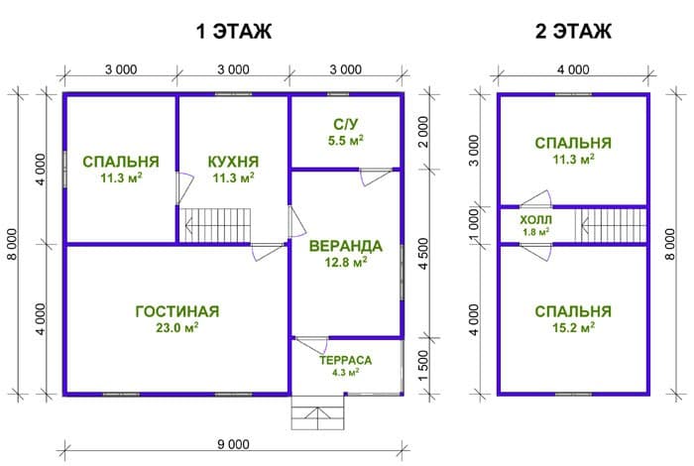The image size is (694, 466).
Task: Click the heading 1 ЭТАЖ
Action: (233, 31)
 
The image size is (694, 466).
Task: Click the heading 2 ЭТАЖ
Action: (573, 31)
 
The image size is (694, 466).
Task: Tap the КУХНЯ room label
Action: (233, 162)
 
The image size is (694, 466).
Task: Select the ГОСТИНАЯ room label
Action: (177, 311)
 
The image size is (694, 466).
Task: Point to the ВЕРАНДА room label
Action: (346, 246)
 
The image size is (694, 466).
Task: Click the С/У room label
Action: (346, 124)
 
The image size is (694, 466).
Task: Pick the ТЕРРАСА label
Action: (346, 360)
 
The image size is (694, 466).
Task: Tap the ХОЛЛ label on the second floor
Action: (535, 220)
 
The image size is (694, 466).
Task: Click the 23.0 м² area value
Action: (177, 328)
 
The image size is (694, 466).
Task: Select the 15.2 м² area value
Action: (573, 328)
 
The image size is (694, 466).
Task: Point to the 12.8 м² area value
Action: (346, 263)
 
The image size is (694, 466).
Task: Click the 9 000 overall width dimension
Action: (233, 444)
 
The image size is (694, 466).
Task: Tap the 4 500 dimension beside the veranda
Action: (423, 254)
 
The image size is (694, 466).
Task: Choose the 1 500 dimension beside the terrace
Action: (423, 366)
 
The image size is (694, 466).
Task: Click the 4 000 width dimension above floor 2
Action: (573, 69)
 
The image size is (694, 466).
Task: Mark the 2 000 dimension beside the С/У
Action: (423, 132)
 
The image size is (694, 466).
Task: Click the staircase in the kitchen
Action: (215, 226)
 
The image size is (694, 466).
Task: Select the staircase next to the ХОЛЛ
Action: (611, 226)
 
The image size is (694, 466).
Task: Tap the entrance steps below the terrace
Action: (318, 412)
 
